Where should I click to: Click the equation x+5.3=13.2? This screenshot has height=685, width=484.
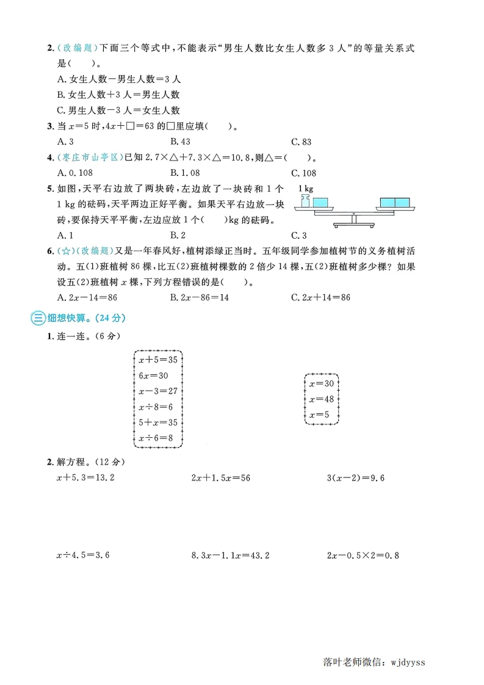click(85, 477)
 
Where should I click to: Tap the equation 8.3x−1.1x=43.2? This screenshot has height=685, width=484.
click(230, 556)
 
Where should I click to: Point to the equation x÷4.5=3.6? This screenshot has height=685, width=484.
click(82, 556)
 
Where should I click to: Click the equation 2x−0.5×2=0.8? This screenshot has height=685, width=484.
click(363, 556)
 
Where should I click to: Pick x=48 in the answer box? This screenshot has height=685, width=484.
click(322, 399)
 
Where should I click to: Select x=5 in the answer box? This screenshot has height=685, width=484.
click(319, 415)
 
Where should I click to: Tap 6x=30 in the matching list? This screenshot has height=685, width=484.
click(153, 375)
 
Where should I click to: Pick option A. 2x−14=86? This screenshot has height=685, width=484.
click(87, 297)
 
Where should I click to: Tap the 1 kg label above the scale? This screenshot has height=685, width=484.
click(306, 189)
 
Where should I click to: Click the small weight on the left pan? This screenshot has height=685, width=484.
click(305, 201)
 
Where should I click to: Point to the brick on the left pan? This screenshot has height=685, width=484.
click(319, 202)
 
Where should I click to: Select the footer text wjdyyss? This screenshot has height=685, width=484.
click(416, 662)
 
